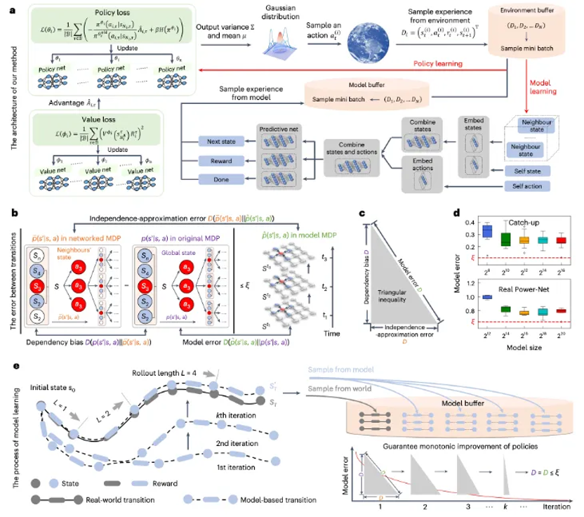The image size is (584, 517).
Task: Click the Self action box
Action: coord(526,187)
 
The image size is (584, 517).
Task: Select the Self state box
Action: coord(526,171)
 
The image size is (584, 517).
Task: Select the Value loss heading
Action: coord(101,118)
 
